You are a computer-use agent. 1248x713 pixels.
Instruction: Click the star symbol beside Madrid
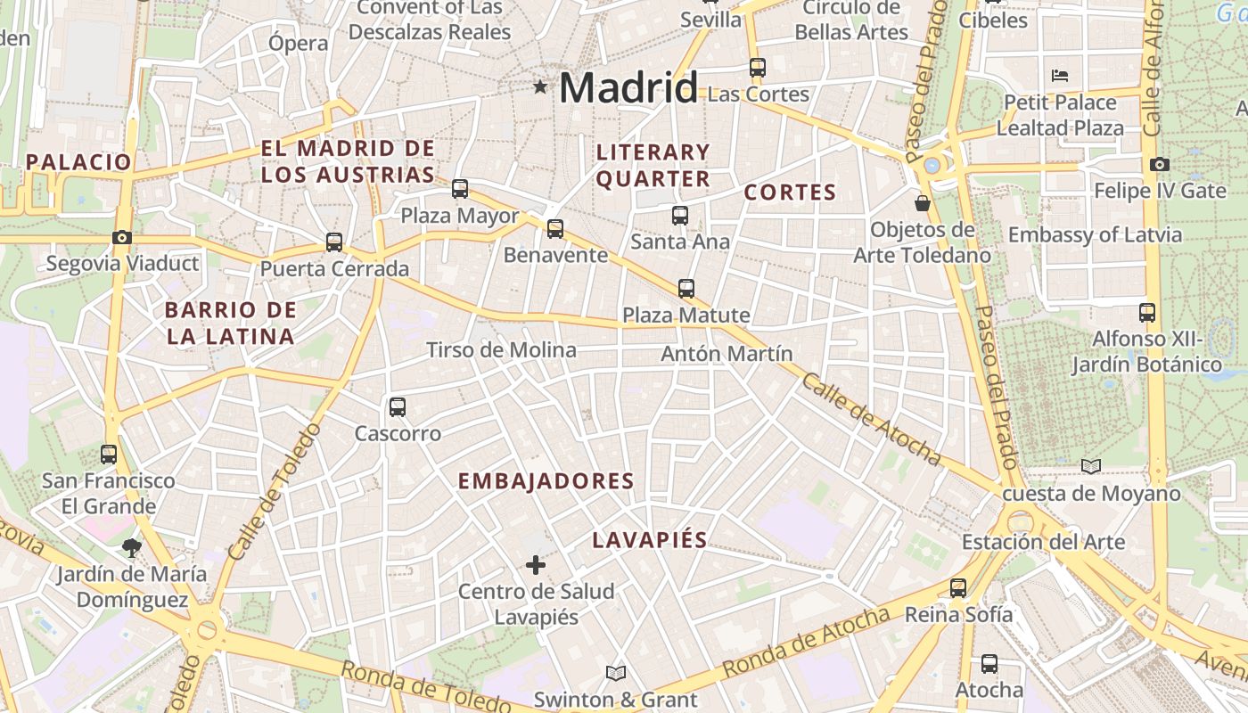[x=539, y=87]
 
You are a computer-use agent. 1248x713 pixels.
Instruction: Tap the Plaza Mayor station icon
[x=460, y=189]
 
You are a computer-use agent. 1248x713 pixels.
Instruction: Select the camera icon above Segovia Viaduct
[x=122, y=238]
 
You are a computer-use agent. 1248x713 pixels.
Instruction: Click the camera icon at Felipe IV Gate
[x=1159, y=165]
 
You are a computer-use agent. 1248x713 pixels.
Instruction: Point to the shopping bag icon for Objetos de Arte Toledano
[x=923, y=204]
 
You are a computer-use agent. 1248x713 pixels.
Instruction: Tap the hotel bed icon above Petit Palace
[x=1060, y=76]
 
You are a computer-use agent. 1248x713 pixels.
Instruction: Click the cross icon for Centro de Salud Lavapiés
[x=536, y=565]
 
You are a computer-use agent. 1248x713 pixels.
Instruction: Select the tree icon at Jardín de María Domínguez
[x=132, y=547]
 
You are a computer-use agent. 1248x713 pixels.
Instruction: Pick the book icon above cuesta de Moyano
[x=1090, y=466]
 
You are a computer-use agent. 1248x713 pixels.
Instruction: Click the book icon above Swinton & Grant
[x=615, y=673]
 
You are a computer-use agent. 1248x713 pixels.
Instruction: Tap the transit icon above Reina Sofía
[x=958, y=588]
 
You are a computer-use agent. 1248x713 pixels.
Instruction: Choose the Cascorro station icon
[x=398, y=407]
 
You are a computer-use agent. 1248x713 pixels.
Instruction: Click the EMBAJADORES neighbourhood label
[x=546, y=481]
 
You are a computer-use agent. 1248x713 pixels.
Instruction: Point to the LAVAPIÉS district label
[x=650, y=540]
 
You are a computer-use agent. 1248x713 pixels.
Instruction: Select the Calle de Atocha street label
[x=871, y=419]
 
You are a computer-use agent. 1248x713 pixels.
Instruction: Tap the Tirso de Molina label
[x=501, y=350]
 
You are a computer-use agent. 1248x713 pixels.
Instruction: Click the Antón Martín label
[x=727, y=354]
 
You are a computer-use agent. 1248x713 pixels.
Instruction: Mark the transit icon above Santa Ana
[x=680, y=216]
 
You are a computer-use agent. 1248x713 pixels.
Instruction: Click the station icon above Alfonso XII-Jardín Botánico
[x=1147, y=313]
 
